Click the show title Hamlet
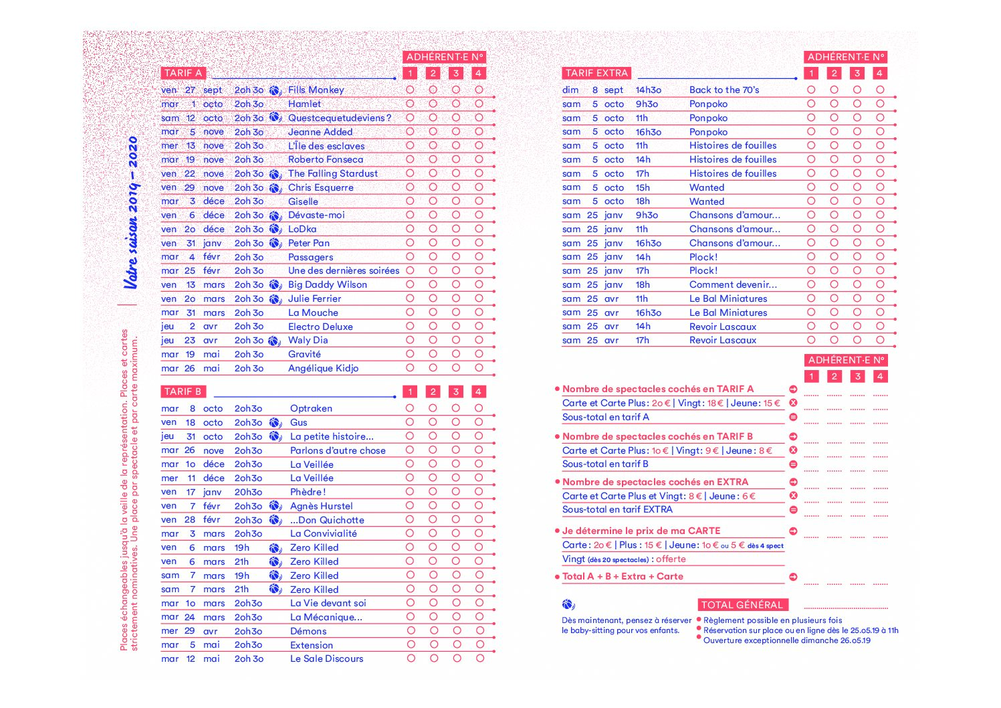click(304, 104)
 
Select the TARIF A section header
click(183, 73)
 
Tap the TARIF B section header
click(183, 391)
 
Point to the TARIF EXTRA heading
click(596, 73)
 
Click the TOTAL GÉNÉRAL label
click(742, 605)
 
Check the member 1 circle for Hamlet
click(410, 104)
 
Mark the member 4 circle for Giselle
click(479, 201)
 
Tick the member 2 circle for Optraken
click(433, 408)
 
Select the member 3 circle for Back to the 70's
click(857, 90)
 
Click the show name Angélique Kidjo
click(323, 369)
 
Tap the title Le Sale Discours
click(326, 659)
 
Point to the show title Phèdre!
click(308, 492)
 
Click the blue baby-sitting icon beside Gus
click(275, 423)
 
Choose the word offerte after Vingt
click(671, 559)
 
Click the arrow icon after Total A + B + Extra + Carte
click(793, 577)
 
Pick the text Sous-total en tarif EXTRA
click(617, 510)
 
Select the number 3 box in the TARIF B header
click(455, 391)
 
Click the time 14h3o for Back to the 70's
click(648, 90)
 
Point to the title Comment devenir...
click(733, 285)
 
